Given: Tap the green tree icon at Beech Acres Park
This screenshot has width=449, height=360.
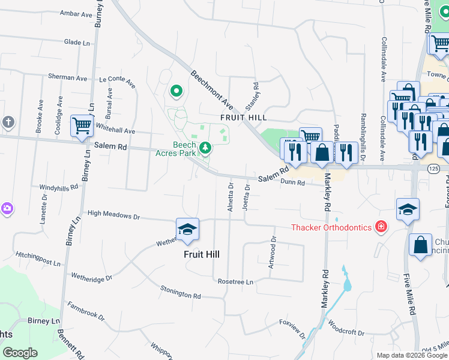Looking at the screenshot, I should click(205, 147).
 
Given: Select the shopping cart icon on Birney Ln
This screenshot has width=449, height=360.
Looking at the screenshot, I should click(82, 127).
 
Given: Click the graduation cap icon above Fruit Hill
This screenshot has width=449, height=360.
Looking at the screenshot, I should click(187, 230).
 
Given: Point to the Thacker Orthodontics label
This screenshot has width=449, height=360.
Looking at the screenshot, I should click(331, 227).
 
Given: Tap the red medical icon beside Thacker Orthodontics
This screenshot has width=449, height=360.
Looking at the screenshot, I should click(380, 226).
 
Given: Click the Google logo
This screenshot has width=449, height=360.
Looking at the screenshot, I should click(20, 353).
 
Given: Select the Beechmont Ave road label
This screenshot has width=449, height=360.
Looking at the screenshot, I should click(212, 88).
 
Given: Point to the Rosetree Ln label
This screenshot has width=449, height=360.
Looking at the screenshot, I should click(236, 281).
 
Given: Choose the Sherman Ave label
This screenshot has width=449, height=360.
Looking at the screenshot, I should click(68, 78).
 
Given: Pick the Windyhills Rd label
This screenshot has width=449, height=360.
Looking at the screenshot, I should click(59, 187).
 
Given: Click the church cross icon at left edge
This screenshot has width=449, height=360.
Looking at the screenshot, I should click(8, 122).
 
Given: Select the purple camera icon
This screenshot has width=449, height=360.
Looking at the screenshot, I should click(7, 208).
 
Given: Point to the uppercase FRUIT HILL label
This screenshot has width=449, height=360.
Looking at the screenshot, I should click(243, 118).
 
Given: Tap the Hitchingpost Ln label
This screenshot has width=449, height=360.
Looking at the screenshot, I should click(38, 259).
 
